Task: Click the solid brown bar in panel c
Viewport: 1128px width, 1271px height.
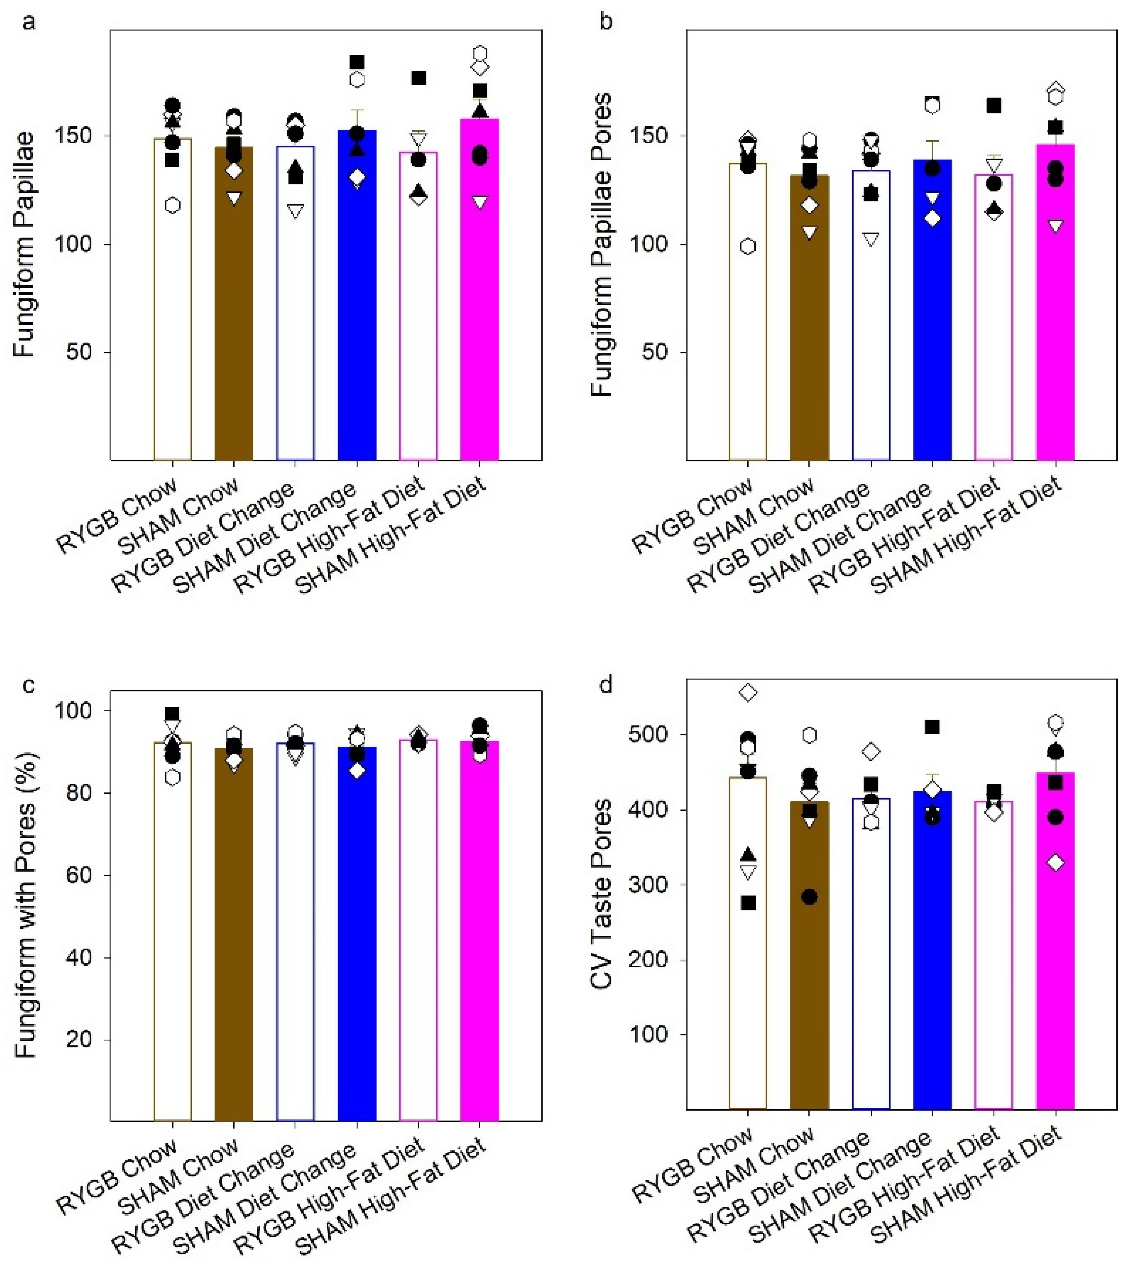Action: pos(234,933)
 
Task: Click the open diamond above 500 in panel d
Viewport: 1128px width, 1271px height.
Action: pos(748,692)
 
